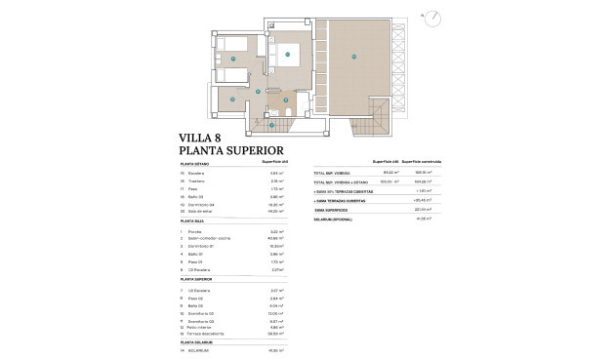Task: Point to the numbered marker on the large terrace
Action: coord(354,57)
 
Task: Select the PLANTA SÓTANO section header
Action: coord(197,165)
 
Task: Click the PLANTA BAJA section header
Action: coord(194,222)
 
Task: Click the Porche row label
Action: coord(195,231)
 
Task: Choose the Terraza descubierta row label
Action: coord(210,333)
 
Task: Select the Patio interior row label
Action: coord(203,326)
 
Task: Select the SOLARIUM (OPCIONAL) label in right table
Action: coord(333,220)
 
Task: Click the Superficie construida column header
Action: coord(423,162)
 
